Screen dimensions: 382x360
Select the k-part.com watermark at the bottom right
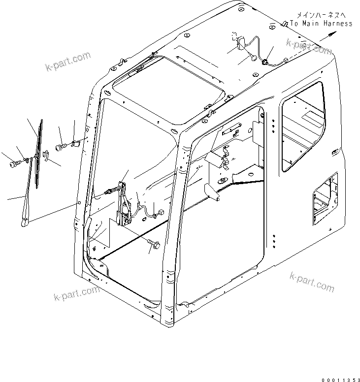click(311, 282)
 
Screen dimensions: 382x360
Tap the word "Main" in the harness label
click(311, 23)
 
